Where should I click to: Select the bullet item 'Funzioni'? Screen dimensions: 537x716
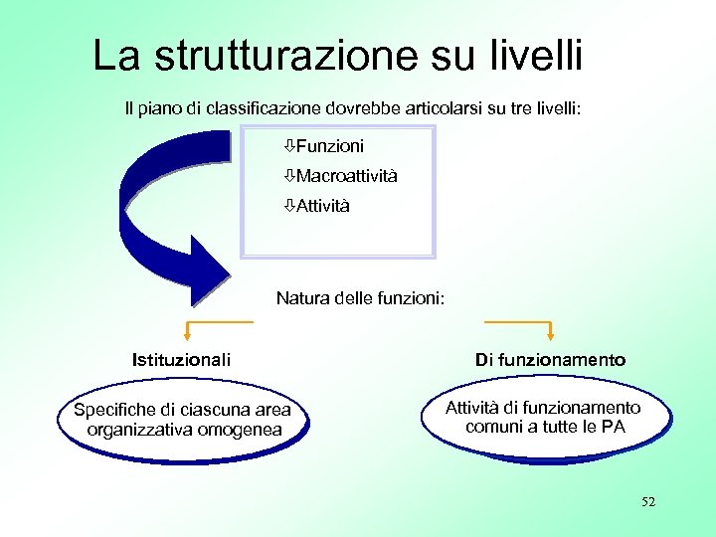(329, 146)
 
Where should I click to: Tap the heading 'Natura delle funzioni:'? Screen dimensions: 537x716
(360, 297)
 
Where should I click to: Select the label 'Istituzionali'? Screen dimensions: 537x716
(181, 359)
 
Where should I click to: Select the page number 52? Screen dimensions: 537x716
(648, 502)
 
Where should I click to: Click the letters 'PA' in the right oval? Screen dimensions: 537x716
(614, 428)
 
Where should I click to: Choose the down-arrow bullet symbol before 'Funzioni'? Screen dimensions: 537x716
(287, 146)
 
